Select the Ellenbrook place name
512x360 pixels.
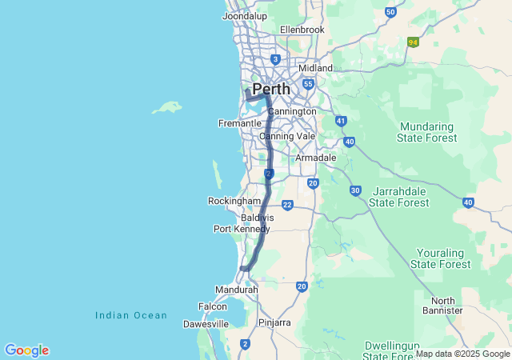point(302,30)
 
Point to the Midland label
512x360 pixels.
point(315,68)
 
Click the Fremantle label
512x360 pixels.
point(239,123)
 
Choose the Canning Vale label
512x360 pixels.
point(288,136)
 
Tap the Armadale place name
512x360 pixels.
point(316,158)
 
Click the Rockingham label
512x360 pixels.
point(234,200)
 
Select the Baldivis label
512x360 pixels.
point(258,217)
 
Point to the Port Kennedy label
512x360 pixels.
point(238,229)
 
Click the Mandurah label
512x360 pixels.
point(237,289)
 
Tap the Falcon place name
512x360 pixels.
point(213,306)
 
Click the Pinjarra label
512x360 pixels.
point(274,322)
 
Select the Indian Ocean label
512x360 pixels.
point(131,315)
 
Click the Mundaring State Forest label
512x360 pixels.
point(428,132)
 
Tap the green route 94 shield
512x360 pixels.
point(413,42)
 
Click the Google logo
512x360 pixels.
point(26,350)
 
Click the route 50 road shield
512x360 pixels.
point(390,12)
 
